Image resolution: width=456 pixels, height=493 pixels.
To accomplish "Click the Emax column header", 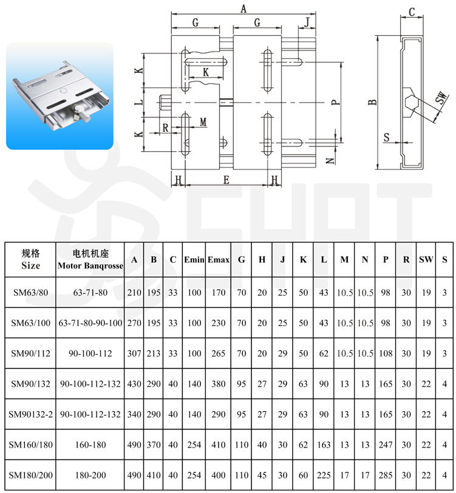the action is (218, 260).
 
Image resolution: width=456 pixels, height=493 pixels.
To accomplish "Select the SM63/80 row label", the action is (30, 293).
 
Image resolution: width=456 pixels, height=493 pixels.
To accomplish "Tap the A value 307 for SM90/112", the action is (134, 353).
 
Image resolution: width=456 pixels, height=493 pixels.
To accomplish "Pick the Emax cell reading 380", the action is (218, 384).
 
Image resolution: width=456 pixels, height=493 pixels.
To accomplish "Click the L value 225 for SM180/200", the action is (324, 475).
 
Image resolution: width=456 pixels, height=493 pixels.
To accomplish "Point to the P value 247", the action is (385, 444).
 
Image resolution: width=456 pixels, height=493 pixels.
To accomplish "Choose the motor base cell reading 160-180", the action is (90, 444).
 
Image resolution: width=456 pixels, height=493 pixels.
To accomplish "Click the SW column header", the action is (426, 260).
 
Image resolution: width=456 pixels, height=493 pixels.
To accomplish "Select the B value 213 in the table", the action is (154, 353).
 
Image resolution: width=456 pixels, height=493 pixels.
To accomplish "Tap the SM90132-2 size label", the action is (30, 415).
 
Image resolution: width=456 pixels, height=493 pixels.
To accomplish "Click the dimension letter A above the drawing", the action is (243, 9).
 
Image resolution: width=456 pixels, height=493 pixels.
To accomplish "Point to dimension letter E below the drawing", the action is (226, 180).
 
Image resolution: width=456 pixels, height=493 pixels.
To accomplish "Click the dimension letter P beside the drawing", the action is (336, 102).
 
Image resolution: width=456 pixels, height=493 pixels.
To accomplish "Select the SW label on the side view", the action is (441, 98).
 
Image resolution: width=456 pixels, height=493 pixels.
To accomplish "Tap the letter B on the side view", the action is (372, 102).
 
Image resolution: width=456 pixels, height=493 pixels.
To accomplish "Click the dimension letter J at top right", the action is (307, 22).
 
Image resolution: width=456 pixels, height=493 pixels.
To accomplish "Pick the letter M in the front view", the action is (203, 122).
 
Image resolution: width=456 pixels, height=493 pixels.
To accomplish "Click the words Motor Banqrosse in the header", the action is (90, 266).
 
